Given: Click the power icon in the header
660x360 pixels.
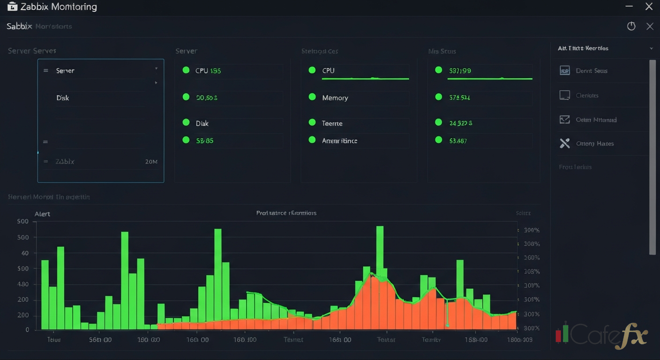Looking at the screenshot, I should (631, 26).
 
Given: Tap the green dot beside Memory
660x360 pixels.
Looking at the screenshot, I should (312, 97).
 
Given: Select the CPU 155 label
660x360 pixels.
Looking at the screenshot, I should (208, 71).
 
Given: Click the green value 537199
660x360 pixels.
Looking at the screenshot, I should (460, 71).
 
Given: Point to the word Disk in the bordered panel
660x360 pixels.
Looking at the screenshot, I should (63, 98).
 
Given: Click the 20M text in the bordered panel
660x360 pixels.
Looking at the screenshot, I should (151, 161).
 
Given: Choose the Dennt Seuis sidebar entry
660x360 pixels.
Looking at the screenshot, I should (591, 71).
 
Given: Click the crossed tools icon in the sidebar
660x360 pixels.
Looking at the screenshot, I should (565, 143).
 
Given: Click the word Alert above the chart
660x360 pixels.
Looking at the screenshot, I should (42, 214).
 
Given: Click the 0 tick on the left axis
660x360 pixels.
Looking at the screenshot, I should (27, 330).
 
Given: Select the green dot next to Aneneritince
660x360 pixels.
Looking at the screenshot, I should (312, 140).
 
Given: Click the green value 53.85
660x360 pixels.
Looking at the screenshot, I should (205, 140).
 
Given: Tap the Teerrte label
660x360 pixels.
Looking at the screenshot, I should (332, 123).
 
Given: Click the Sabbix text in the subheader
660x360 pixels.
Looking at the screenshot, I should (19, 26).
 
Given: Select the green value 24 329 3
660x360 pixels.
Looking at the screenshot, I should (460, 123).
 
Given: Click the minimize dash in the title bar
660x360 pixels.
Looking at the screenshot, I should (629, 6).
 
